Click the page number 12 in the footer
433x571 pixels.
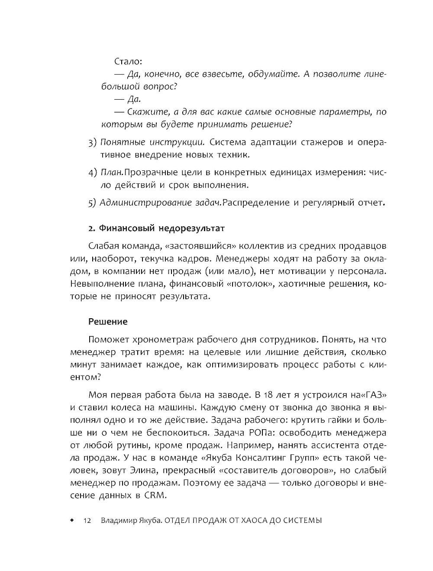(x=87, y=521)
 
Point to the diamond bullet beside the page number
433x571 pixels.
(x=72, y=520)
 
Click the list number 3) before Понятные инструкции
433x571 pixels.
(x=92, y=142)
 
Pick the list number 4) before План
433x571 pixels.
(x=92, y=173)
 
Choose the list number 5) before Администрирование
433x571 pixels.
(x=92, y=202)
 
